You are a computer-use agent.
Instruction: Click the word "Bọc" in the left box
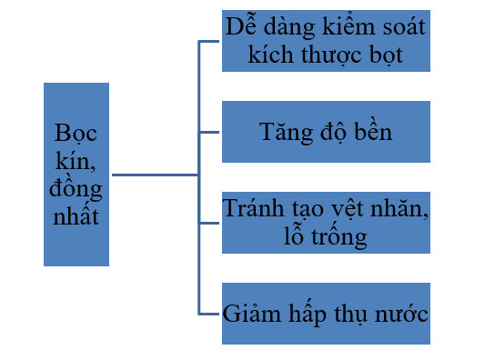[76, 134]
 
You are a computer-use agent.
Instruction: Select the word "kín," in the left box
[76, 161]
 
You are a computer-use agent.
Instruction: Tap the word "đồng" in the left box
[76, 189]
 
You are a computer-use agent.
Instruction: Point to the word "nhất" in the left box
[76, 215]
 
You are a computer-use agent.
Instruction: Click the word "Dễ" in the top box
[241, 25]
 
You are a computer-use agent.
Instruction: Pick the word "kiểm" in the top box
[349, 25]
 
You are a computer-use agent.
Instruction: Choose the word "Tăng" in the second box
[286, 133]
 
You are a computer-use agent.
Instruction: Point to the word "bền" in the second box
[373, 131]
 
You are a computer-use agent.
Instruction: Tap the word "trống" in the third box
[339, 236]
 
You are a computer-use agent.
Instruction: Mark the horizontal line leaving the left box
[156, 175]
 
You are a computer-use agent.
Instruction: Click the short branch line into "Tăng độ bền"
[208, 132]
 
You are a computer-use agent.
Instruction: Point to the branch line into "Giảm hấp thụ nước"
[208, 314]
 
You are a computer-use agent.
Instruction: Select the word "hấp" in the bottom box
[308, 313]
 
